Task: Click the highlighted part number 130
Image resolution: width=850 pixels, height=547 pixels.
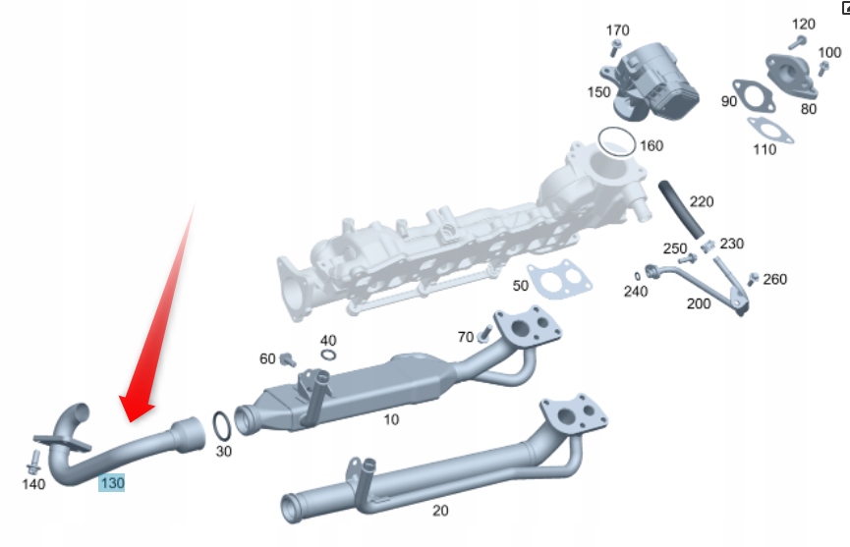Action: (x=111, y=483)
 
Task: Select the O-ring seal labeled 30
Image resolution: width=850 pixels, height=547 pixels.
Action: (x=223, y=426)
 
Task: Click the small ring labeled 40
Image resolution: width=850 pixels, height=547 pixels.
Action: (x=329, y=356)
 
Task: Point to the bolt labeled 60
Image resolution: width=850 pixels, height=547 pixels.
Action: (x=288, y=358)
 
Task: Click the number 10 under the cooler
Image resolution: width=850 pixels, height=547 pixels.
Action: (x=391, y=419)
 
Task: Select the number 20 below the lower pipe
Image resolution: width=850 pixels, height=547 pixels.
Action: (x=440, y=511)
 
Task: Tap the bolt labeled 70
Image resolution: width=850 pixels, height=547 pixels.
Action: (x=484, y=336)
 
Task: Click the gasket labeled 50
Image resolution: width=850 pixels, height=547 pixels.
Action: (x=560, y=280)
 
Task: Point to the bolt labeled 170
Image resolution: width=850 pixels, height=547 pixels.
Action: (x=616, y=48)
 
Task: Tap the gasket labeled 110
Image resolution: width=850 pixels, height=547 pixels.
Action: (x=764, y=128)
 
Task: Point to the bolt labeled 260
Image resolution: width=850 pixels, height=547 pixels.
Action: (x=754, y=280)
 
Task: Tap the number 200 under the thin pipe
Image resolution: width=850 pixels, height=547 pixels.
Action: (x=698, y=303)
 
